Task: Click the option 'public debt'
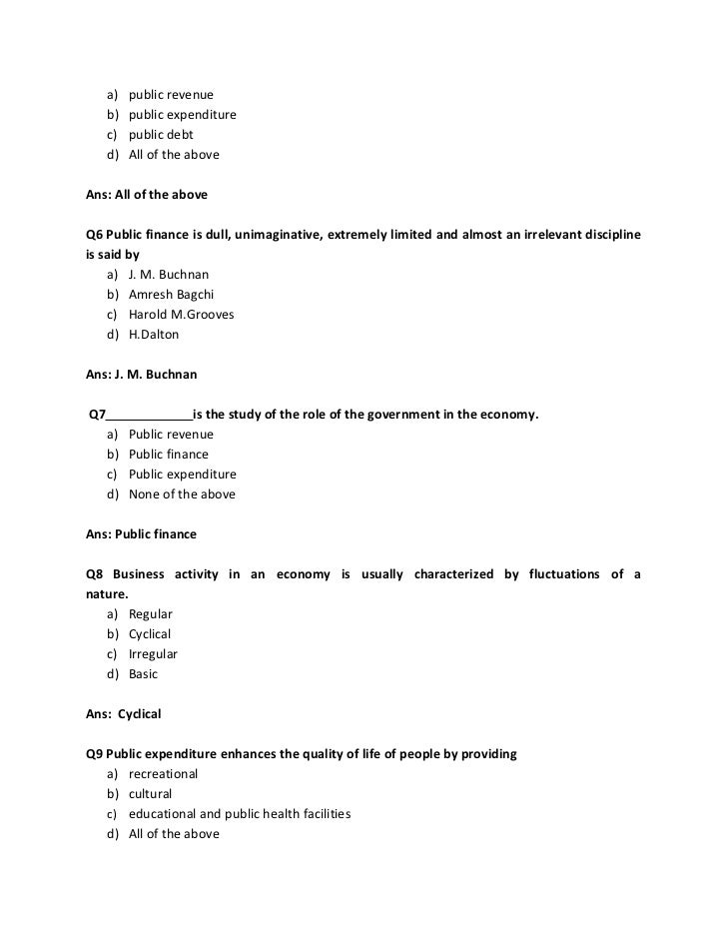pos(161,135)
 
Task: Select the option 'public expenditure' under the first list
pos(182,115)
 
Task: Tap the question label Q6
pos(96,234)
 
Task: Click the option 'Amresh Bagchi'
pos(171,295)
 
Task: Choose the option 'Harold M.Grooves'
pos(181,315)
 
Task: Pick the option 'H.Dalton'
pos(154,335)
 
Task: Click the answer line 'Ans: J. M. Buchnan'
pos(142,375)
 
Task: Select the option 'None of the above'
pos(182,494)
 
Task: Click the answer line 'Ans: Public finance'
pos(142,534)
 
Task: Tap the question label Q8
pos(96,574)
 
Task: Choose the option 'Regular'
pos(151,614)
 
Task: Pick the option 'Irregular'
pos(153,654)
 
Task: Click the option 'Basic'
pos(144,674)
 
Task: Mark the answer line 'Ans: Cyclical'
pos(124,714)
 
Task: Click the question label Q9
pos(96,754)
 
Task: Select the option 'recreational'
pos(163,774)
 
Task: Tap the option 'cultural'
pos(151,794)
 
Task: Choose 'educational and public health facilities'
pos(240,814)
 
